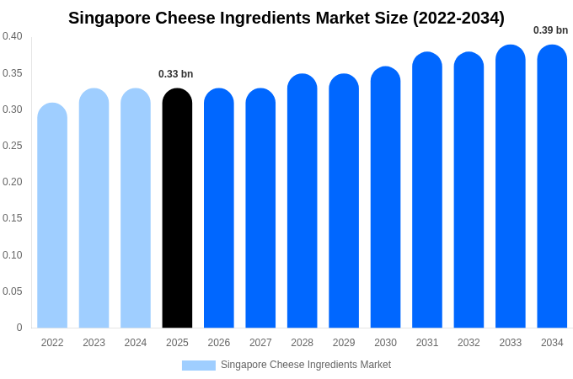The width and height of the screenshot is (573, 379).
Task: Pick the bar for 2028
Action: (302, 201)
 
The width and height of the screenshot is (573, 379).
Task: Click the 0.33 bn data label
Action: (176, 74)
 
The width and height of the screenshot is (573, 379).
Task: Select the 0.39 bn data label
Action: (550, 30)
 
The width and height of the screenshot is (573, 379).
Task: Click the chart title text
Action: (286, 18)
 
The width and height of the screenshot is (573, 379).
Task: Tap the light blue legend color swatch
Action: (199, 366)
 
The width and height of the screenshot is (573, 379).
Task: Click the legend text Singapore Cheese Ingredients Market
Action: (306, 365)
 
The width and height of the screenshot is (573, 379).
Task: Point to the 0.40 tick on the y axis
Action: (13, 36)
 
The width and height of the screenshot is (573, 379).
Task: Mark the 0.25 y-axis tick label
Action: (13, 146)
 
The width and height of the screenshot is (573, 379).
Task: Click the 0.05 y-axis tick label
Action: (13, 291)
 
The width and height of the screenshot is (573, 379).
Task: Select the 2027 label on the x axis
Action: (260, 343)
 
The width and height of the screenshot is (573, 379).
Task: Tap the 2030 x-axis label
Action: (385, 343)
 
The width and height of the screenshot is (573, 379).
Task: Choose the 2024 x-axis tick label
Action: (136, 343)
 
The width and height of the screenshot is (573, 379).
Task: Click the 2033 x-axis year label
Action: (511, 343)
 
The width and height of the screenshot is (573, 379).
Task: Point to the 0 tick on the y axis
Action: (19, 328)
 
